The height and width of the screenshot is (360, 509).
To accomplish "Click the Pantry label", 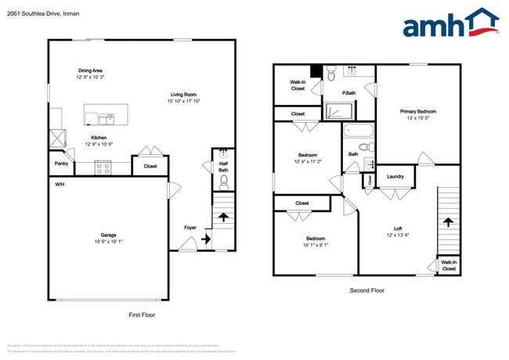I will (x=60, y=164).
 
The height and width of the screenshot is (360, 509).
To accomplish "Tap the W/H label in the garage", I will (x=59, y=184).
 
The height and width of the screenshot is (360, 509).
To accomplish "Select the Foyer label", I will (x=190, y=229).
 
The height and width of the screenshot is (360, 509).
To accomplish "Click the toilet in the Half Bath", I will (x=223, y=183).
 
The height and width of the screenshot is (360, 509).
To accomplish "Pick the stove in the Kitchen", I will (x=103, y=166).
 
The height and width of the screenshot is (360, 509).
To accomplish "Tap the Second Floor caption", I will (x=366, y=290).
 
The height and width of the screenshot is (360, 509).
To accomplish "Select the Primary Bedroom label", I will (x=418, y=112).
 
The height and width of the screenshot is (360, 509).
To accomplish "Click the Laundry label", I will (x=395, y=176).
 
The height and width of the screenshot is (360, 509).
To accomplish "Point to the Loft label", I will (x=398, y=229).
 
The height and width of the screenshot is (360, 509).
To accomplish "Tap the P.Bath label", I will (x=349, y=94).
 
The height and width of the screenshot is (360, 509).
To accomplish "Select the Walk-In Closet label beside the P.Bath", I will (x=298, y=85).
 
